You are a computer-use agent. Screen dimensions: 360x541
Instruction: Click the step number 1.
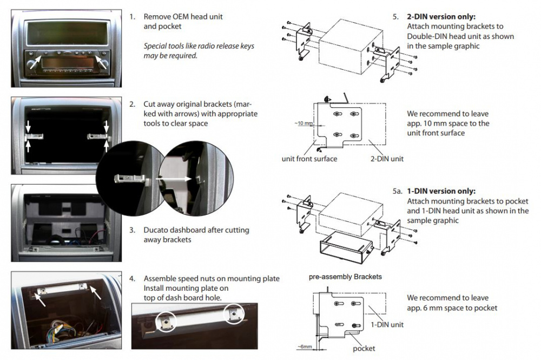point(132,17)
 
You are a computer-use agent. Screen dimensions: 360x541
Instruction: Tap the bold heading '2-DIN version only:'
point(441,17)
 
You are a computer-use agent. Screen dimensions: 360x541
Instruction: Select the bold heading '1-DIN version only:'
point(441,192)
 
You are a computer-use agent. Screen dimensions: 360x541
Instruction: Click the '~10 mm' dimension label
point(304,123)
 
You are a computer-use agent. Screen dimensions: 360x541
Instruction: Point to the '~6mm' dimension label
point(305,346)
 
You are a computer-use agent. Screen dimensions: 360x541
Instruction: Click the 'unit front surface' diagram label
point(309,159)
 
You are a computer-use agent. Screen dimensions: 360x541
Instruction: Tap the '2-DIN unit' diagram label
point(387,159)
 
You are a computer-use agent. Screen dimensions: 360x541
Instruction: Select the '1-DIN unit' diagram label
point(387,324)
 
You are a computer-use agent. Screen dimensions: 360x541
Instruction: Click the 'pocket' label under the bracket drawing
point(364,348)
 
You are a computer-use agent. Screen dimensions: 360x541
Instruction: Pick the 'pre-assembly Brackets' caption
point(345,277)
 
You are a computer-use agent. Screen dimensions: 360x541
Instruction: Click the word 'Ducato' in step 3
point(156,230)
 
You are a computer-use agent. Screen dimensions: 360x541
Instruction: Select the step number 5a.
point(398,192)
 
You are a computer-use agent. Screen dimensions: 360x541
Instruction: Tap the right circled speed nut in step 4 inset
point(234,313)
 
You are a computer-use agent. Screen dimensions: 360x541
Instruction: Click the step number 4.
point(132,279)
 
